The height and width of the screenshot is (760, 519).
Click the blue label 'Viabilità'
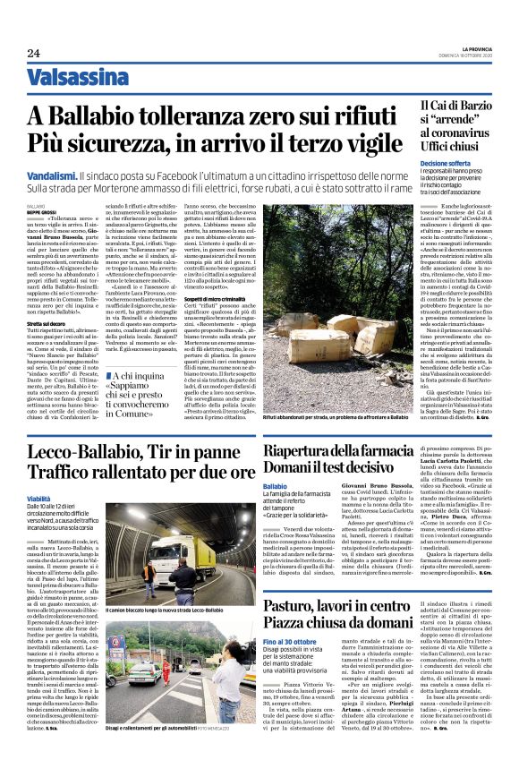click(38, 497)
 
